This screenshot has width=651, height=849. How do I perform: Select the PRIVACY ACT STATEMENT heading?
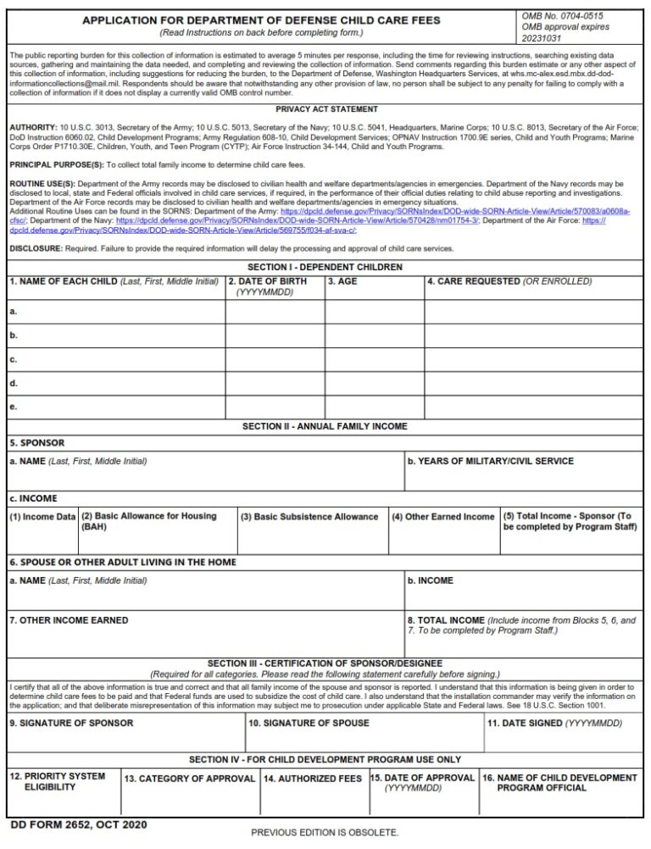326,109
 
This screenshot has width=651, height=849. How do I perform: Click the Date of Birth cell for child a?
275,312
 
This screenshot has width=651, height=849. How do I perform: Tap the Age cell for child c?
374,359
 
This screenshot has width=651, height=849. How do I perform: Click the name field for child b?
115,336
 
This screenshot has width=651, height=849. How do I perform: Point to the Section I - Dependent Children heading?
326,267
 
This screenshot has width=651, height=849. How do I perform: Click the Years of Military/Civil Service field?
523,474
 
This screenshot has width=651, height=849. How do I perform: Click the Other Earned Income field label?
442,517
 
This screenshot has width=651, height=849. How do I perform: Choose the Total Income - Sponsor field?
570,538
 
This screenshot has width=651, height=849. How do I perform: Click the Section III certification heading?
326,663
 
